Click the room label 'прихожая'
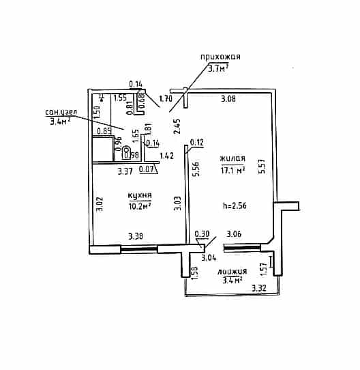220,57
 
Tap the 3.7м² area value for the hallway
218,68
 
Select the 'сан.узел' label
61,112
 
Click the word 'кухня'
140,195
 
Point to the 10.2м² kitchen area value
140,205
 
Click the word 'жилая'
232,158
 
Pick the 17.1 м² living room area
232,170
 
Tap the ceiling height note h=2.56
235,205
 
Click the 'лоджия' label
232,272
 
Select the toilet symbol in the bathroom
127,153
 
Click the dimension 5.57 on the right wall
262,167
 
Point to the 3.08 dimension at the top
228,98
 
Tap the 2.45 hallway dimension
177,126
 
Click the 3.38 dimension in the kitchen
136,236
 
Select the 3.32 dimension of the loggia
259,288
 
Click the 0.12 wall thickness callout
196,143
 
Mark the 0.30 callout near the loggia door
202,234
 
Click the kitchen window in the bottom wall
139,248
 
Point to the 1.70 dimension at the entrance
166,98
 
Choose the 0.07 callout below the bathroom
146,169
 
